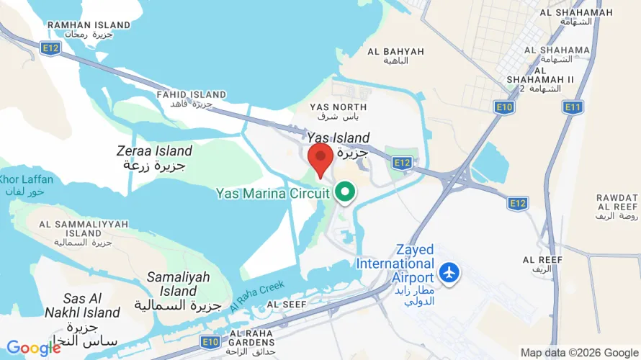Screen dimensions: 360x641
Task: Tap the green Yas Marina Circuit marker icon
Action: pyautogui.click(x=346, y=192)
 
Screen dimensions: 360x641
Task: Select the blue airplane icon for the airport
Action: pyautogui.click(x=450, y=273)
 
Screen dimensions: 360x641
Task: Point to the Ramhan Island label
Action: pyautogui.click(x=89, y=29)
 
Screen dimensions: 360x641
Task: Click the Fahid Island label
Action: pyautogui.click(x=192, y=99)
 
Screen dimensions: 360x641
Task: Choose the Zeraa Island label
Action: pyautogui.click(x=154, y=158)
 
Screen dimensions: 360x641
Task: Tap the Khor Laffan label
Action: pyautogui.click(x=21, y=184)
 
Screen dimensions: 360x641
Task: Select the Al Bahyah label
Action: pyautogui.click(x=395, y=55)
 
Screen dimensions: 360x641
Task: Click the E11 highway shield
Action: pyautogui.click(x=573, y=107)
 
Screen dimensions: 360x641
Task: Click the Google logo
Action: pyautogui.click(x=34, y=348)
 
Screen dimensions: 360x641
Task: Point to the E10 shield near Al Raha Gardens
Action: pyautogui.click(x=210, y=341)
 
